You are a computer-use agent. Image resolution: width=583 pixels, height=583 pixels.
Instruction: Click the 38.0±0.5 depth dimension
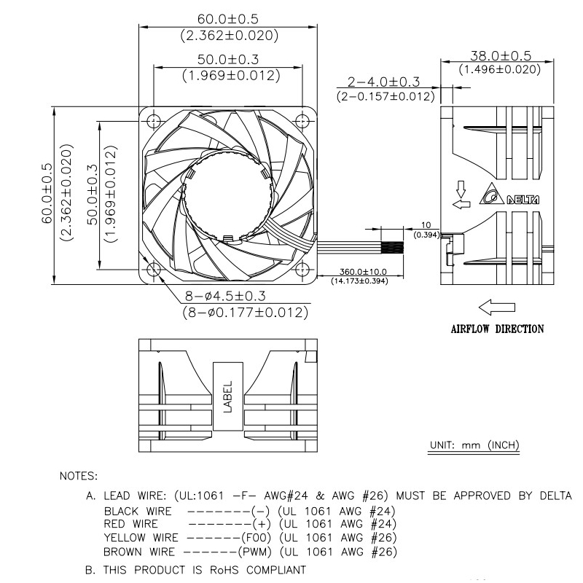pyautogui.click(x=500, y=56)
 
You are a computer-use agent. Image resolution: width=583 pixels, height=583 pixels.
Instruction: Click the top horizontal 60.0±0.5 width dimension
pyautogui.click(x=228, y=20)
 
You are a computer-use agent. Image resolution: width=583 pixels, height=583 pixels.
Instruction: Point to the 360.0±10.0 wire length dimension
pyautogui.click(x=359, y=271)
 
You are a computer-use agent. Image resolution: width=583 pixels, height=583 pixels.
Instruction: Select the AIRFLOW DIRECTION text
pyautogui.click(x=497, y=329)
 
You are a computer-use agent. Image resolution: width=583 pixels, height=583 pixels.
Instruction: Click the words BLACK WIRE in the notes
pyautogui.click(x=138, y=512)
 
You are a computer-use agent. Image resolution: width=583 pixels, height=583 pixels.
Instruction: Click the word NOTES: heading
pyautogui.click(x=78, y=477)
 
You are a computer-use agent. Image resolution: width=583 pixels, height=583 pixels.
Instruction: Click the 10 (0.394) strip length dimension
pyautogui.click(x=426, y=230)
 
